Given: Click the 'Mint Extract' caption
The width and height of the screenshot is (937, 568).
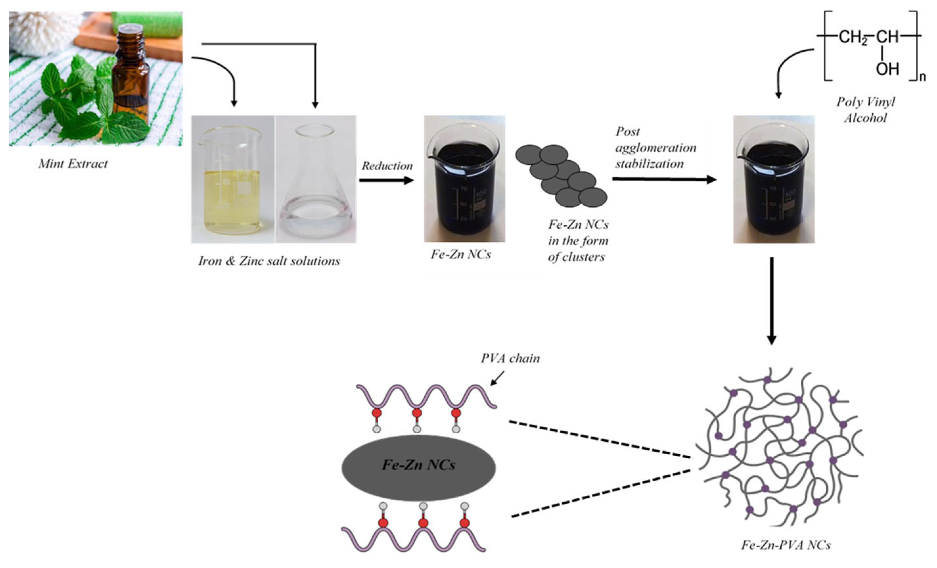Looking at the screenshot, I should click(73, 164).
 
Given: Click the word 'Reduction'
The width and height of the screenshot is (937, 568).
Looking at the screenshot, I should click(387, 166).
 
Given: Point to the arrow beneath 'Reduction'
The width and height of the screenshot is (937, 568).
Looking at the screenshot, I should click(386, 180).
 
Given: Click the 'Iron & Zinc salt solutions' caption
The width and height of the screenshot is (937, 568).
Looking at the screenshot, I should click(269, 261).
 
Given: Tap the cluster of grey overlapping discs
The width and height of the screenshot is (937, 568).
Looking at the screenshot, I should click(561, 175).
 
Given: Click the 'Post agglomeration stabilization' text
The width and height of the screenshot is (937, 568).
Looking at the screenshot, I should click(655, 148).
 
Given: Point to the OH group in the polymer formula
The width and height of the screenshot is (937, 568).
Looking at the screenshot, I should click(887, 69).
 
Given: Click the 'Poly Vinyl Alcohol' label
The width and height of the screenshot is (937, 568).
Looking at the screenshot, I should click(865, 110).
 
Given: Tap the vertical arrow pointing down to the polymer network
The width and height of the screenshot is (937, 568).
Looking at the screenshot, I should click(771, 301).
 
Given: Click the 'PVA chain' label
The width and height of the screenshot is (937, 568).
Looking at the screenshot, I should click(510, 358).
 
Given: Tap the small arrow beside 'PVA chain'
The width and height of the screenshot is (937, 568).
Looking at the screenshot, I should click(497, 378).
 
